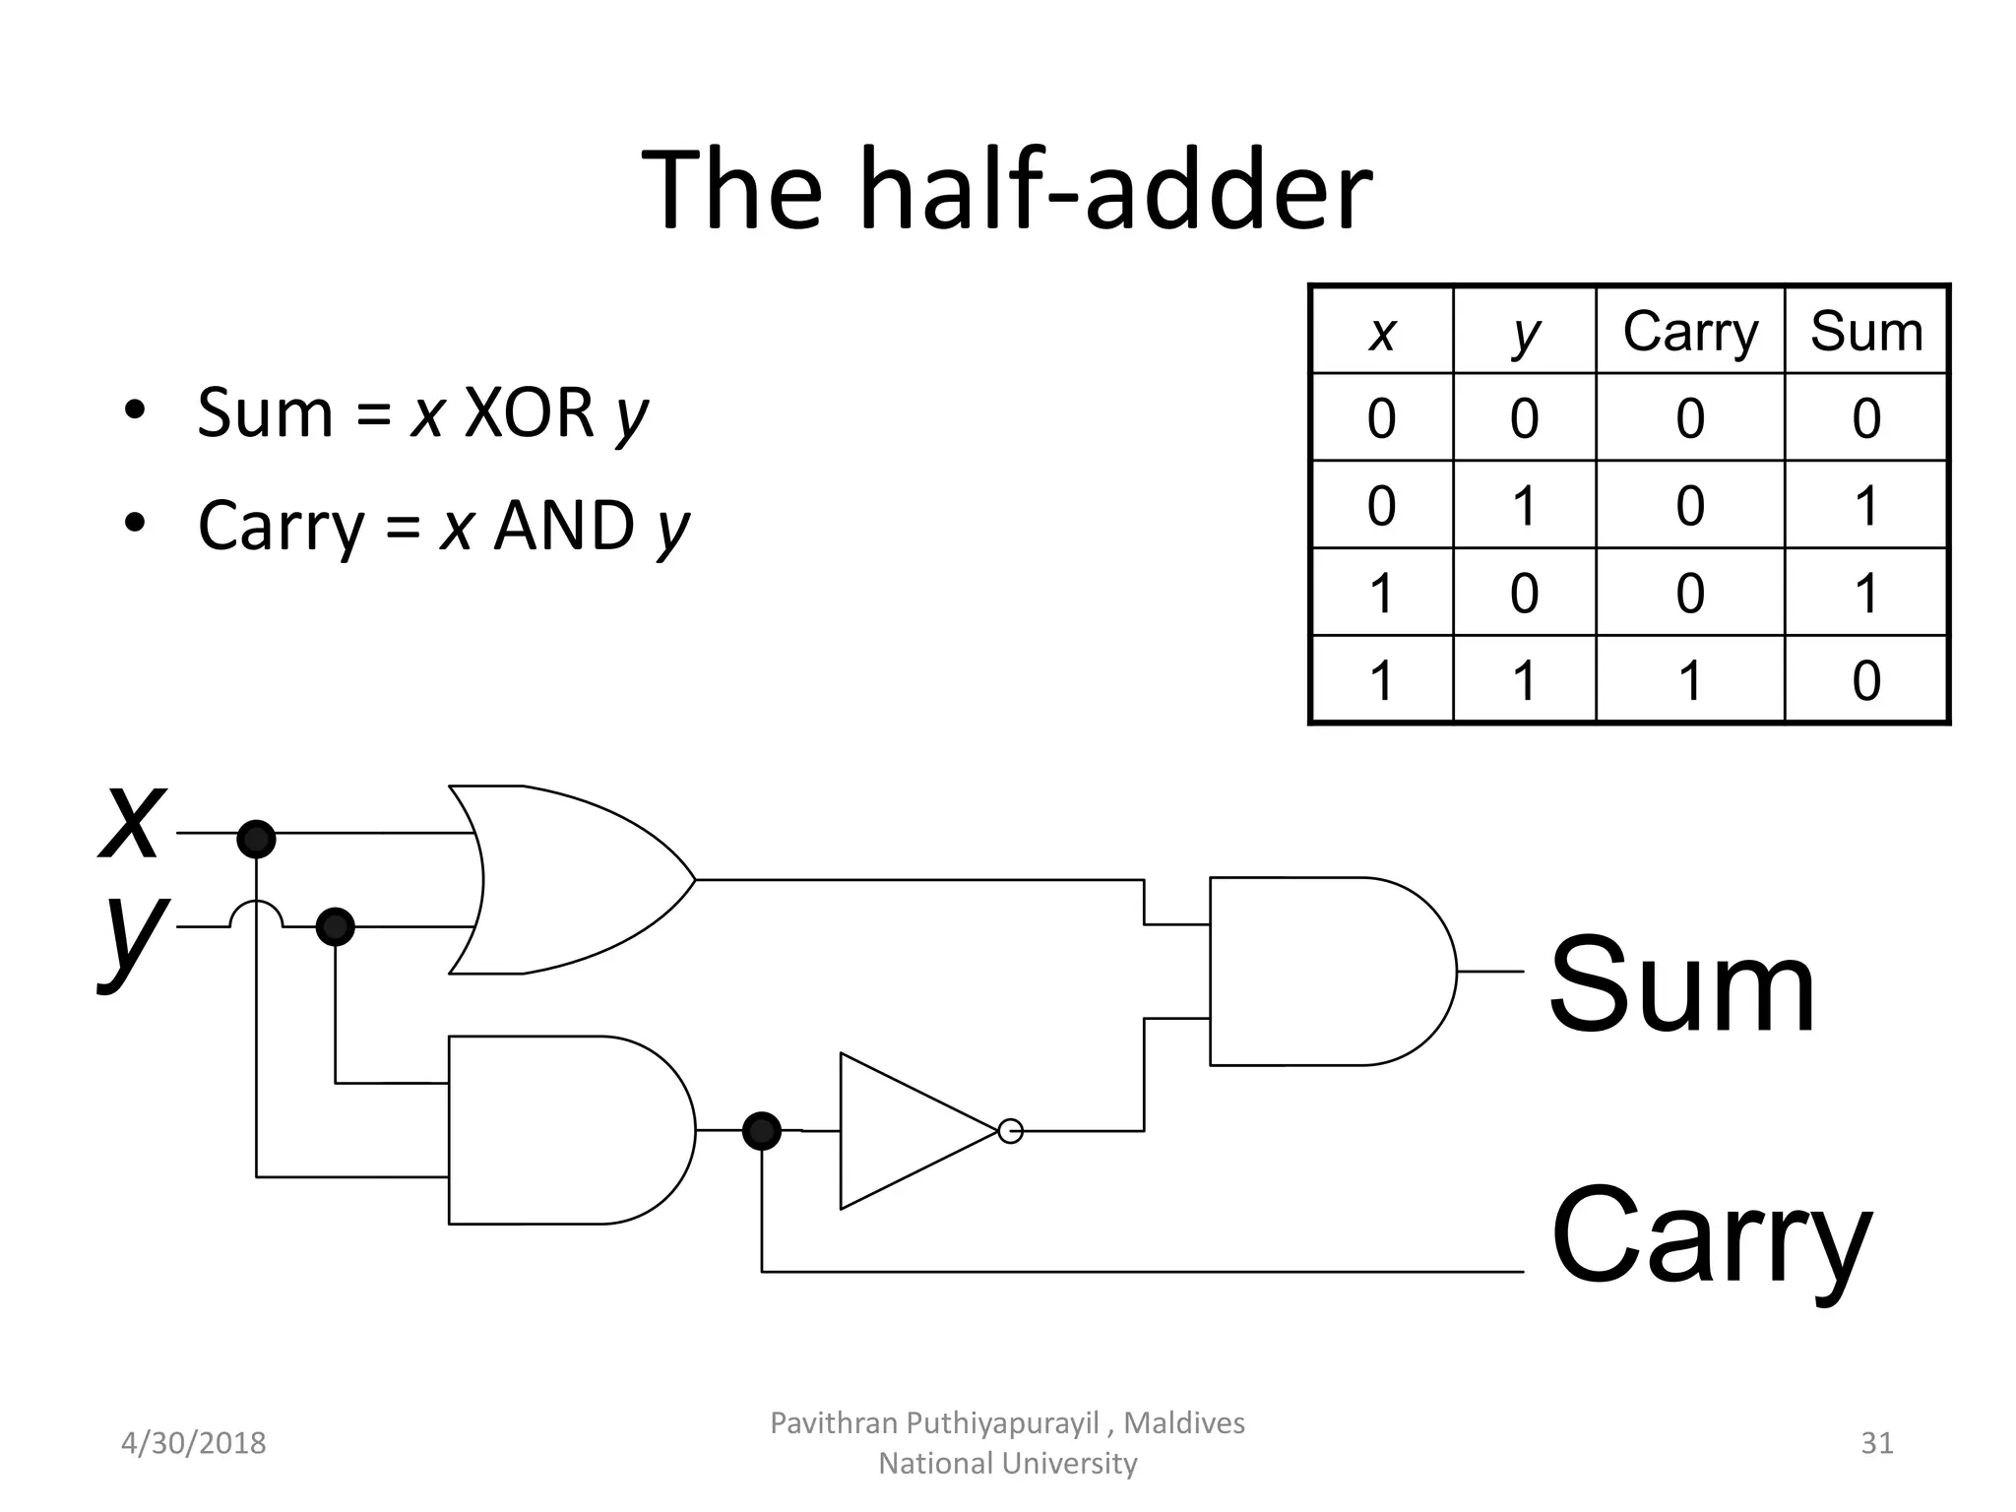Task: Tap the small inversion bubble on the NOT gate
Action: point(1010,1131)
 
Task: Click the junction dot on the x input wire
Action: point(256,839)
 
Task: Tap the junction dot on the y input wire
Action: point(335,926)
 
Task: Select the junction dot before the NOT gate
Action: point(761,1131)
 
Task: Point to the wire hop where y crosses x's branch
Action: point(256,913)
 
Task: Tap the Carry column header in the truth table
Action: point(1689,331)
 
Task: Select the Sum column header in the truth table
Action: point(1865,331)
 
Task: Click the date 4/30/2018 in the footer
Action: point(193,1443)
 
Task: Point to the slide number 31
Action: point(1876,1443)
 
